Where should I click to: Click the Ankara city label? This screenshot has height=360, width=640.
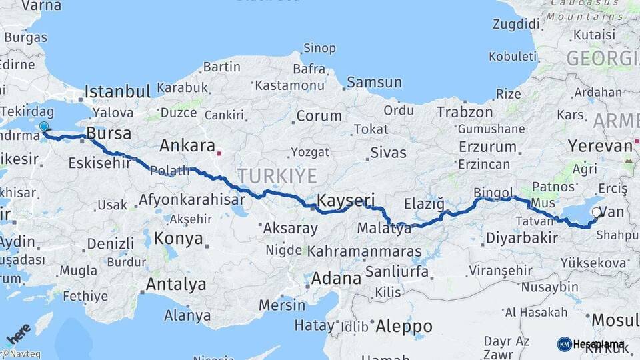tap(187, 145)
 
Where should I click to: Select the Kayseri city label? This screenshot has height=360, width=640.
tap(346, 199)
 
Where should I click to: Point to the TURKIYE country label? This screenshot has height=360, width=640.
tap(277, 175)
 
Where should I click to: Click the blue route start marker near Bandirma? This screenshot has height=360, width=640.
tap(44, 127)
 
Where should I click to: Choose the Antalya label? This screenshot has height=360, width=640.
tap(176, 285)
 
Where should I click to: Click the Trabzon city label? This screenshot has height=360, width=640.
tap(465, 112)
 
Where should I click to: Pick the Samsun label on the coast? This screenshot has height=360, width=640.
tap(374, 83)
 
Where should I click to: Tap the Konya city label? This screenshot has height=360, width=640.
tap(178, 238)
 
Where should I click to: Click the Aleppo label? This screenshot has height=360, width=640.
tap(403, 327)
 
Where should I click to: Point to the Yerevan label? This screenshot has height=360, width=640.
tap(599, 146)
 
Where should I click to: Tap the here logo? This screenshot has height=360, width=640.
tap(17, 333)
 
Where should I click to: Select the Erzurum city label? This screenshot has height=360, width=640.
tap(485, 146)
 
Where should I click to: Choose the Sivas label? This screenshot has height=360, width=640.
tap(388, 153)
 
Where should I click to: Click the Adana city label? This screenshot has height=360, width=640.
tap(335, 278)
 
